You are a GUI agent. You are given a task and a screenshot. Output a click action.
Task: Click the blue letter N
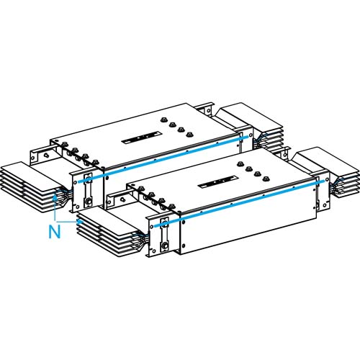click(x=53, y=232)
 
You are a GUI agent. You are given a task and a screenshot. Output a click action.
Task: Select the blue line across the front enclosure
click(x=238, y=205)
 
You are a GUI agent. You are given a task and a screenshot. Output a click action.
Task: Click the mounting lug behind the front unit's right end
click(x=287, y=153)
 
